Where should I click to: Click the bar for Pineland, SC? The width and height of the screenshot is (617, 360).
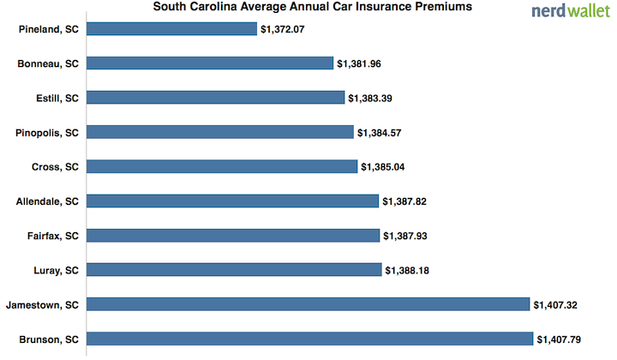click(x=172, y=29)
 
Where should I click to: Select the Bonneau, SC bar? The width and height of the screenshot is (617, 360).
click(x=210, y=63)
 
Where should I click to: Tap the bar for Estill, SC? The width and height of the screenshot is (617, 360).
click(x=216, y=98)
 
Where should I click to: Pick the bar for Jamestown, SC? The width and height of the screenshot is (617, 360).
click(x=308, y=303)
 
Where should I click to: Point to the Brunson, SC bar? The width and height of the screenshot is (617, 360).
click(x=310, y=338)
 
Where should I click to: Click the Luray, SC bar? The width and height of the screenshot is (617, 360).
click(x=234, y=269)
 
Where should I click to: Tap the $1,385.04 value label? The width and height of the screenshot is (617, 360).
click(x=387, y=166)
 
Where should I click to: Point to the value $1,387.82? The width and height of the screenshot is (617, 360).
click(x=409, y=201)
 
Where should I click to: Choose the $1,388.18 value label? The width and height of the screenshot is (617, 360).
click(x=411, y=269)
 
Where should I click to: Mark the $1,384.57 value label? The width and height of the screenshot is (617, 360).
click(x=384, y=132)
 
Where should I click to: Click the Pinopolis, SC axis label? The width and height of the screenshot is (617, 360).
click(x=47, y=132)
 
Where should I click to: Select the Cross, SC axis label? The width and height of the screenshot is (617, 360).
click(x=54, y=166)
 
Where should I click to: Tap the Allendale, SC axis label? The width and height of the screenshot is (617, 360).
click(x=47, y=201)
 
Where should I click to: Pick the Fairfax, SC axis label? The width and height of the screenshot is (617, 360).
click(x=51, y=235)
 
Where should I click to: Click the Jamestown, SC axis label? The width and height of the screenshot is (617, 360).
click(x=42, y=303)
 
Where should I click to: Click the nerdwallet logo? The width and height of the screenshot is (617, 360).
click(x=569, y=11)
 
